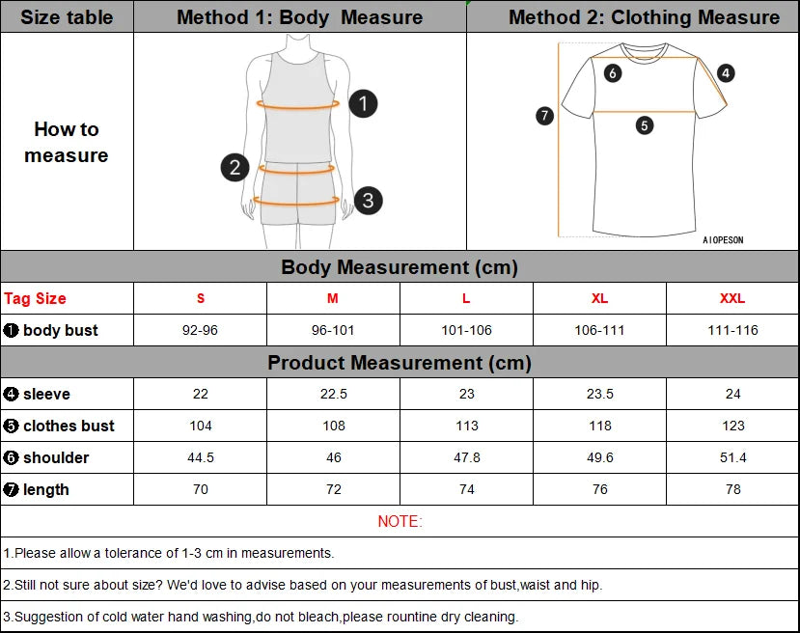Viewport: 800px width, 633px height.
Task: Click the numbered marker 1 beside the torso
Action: [x=362, y=103]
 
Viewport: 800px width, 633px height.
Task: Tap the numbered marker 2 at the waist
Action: [x=234, y=167]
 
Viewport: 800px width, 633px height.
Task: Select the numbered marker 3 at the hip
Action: [x=368, y=201]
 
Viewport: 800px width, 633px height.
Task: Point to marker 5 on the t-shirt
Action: [x=645, y=124]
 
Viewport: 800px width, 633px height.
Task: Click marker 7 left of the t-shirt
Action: [x=544, y=116]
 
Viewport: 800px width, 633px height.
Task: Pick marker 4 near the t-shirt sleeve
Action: [x=726, y=72]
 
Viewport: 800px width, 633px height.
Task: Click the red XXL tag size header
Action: [x=732, y=298]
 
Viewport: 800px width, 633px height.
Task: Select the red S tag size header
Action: [x=201, y=298]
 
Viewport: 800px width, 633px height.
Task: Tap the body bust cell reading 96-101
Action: [x=333, y=330]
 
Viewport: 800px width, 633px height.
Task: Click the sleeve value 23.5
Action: [x=600, y=394]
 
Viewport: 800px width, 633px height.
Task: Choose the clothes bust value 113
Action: [x=467, y=426]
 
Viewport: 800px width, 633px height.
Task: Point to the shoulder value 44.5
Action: [x=201, y=457]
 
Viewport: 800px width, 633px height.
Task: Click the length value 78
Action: [x=732, y=489]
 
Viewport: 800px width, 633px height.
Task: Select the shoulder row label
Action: [x=56, y=457]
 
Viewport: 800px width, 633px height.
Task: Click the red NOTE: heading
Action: [x=400, y=521]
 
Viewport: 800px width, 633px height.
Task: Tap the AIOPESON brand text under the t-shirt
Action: [x=723, y=240]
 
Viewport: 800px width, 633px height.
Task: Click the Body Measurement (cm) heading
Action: [x=400, y=267]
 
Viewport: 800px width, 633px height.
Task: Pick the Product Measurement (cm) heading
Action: [x=400, y=363]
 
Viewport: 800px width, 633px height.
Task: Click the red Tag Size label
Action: [x=36, y=298]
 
